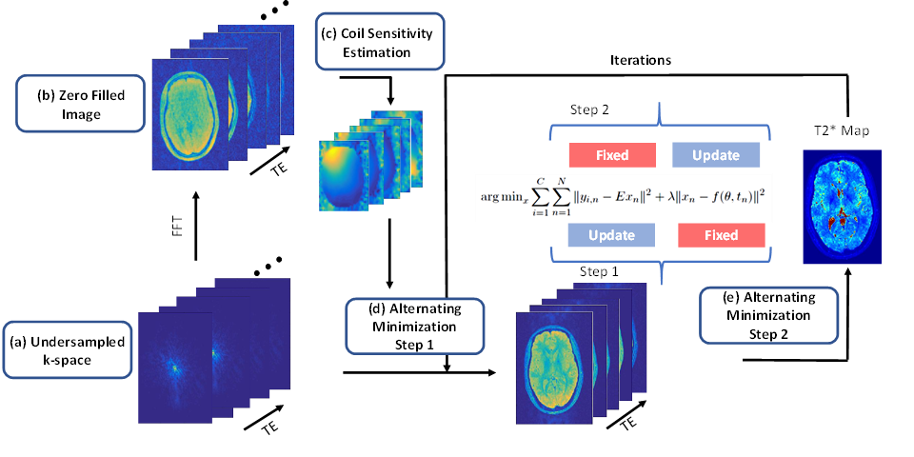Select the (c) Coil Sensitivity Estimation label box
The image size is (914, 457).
point(378,43)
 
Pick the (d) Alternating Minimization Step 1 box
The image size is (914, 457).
point(414,326)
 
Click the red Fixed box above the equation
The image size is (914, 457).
point(611,154)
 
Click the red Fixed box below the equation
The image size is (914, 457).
point(721,235)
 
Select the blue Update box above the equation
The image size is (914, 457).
point(716,154)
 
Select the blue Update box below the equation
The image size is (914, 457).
point(610,235)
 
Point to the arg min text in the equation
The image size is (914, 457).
point(507,197)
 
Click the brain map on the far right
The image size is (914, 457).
point(842,207)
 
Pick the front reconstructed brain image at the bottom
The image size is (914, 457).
point(553,367)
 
